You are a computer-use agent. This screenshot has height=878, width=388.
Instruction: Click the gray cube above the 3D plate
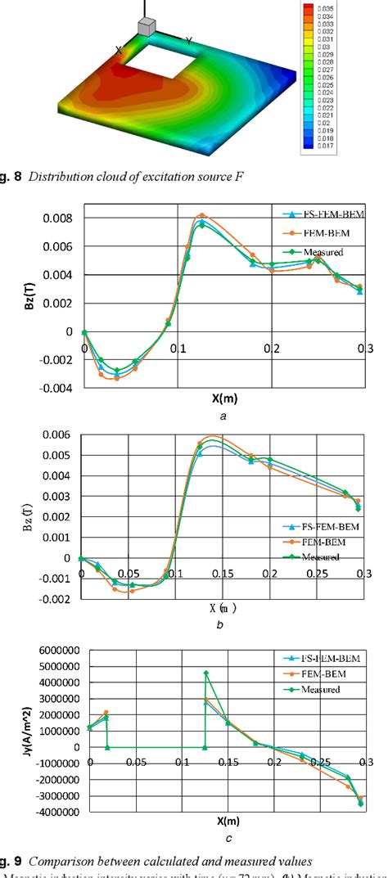click(147, 28)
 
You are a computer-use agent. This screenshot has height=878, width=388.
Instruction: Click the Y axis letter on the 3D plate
click(189, 40)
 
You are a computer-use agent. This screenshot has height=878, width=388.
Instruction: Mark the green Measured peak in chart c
click(205, 673)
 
